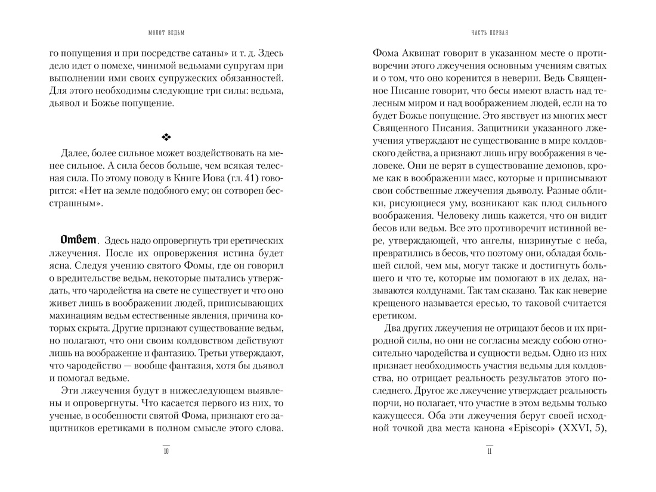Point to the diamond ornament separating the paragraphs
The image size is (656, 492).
point(166,137)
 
